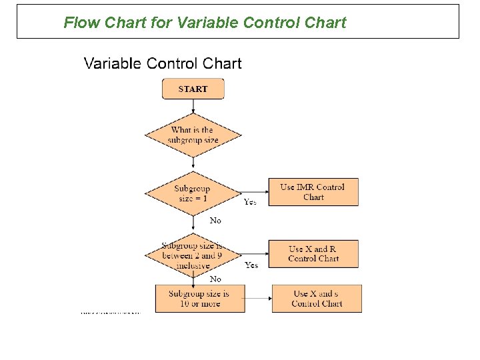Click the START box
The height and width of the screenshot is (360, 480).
[x=193, y=89]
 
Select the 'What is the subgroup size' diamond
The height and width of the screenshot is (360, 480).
[x=193, y=135]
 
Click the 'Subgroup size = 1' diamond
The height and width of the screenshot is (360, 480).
[x=192, y=193]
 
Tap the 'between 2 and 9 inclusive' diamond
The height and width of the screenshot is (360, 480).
[x=192, y=255]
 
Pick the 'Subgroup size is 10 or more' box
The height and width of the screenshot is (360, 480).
[x=199, y=299]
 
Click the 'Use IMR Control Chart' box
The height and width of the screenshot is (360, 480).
[x=313, y=192]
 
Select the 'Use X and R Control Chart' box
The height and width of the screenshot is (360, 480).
[x=313, y=254]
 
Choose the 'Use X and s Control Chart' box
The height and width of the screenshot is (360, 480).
[x=317, y=299]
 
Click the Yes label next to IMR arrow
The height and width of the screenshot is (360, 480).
[x=250, y=201]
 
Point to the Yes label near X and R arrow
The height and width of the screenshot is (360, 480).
[x=251, y=265]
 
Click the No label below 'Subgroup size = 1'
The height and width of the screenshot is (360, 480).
[x=215, y=220]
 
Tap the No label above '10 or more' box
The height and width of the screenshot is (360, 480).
[x=215, y=279]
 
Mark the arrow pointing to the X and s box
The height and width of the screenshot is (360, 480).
[x=258, y=299]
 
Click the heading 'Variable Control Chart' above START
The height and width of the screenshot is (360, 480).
[x=163, y=64]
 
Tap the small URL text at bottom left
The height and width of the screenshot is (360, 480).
[x=111, y=312]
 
